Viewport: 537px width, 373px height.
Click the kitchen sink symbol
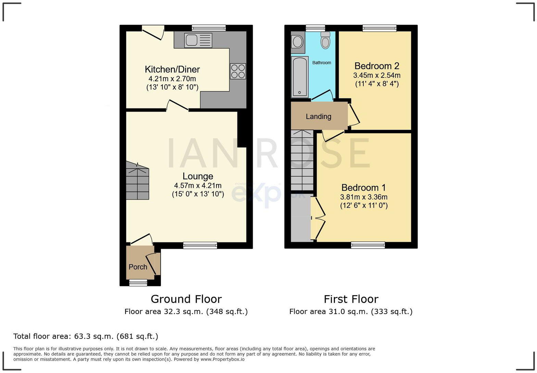click(198, 40)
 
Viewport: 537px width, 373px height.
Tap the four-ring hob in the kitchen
click(238, 71)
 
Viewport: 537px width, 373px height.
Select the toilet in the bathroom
click(325, 40)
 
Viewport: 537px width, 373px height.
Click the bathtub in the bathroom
click(300, 77)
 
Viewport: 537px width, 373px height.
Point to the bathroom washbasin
click(298, 42)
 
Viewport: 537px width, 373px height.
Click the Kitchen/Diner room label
click(172, 70)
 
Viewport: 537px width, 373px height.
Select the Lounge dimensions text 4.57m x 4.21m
click(198, 186)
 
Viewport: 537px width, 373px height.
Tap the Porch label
click(138, 267)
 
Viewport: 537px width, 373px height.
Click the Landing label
click(318, 117)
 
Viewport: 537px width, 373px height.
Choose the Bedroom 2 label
click(377, 66)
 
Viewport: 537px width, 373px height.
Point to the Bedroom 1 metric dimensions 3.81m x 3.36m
click(364, 197)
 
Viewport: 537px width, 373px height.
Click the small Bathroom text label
click(322, 63)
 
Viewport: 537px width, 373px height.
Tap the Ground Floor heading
click(186, 299)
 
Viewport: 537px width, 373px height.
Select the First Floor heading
click(351, 299)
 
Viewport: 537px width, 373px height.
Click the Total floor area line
click(86, 336)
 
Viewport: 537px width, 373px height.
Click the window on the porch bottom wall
click(138, 283)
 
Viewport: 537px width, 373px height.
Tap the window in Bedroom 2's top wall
click(379, 28)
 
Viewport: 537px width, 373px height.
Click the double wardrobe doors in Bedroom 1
click(318, 218)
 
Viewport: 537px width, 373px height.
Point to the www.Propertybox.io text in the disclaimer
click(222, 359)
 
